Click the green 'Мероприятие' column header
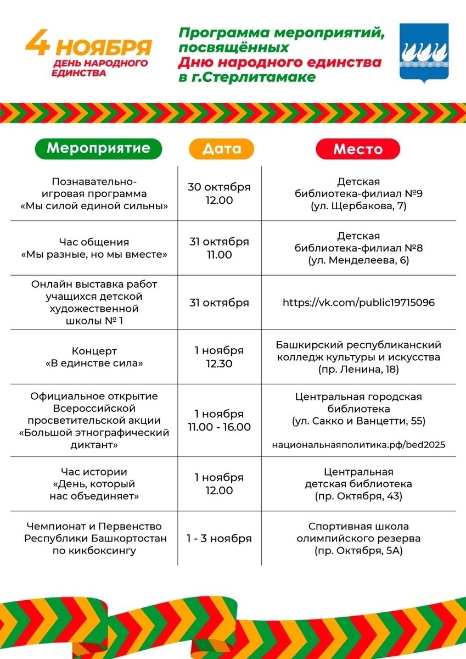(x=99, y=148)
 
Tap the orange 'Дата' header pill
(x=222, y=148)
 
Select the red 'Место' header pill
(x=358, y=149)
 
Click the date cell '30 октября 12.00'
(x=219, y=193)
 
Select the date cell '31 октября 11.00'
(x=219, y=248)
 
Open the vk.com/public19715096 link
(x=358, y=303)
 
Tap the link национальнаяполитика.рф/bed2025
(x=358, y=444)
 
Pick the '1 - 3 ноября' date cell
(x=219, y=538)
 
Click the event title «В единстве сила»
(x=94, y=363)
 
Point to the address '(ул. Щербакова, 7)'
(x=358, y=206)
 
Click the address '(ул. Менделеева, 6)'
(x=358, y=261)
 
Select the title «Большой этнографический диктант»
(x=94, y=438)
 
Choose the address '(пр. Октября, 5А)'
(x=358, y=551)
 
